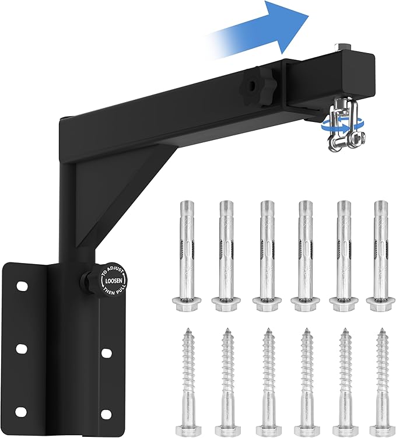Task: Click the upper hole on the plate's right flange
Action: click(x=107, y=353)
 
